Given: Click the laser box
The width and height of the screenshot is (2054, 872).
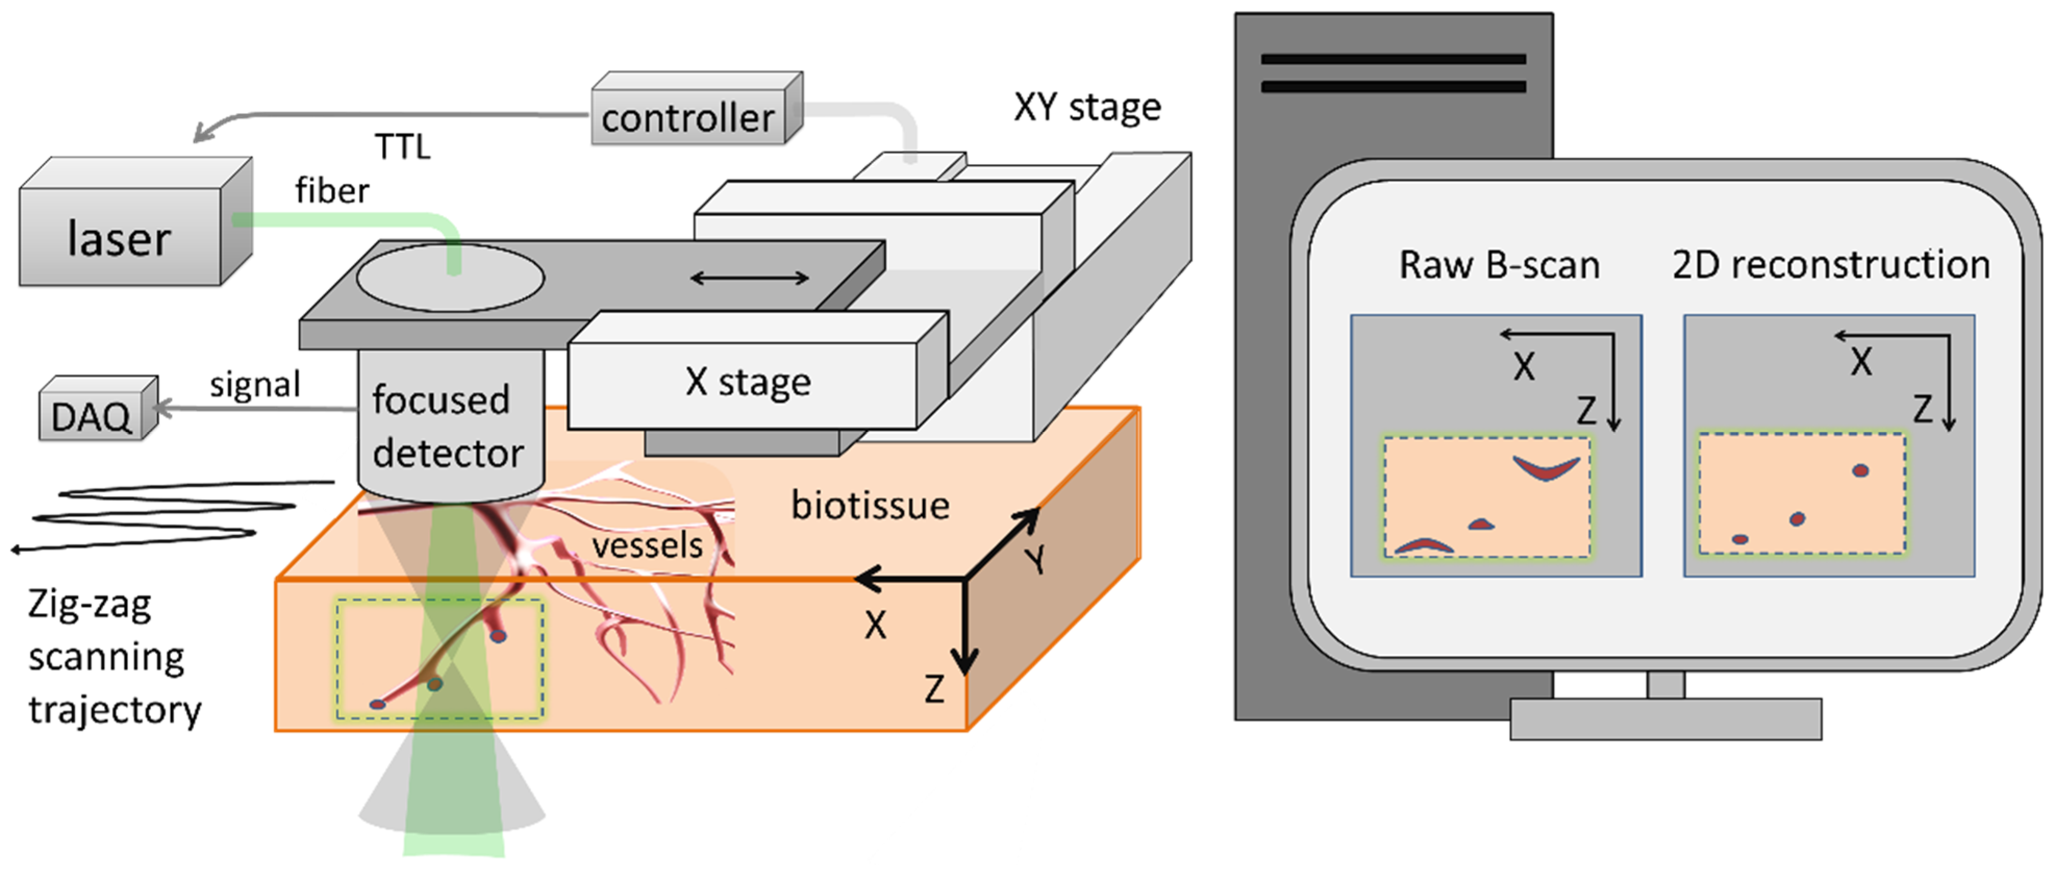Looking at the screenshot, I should coord(120,237).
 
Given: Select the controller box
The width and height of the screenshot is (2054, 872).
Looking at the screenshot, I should coord(687,118).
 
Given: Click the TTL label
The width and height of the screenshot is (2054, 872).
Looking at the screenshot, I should coord(402,147).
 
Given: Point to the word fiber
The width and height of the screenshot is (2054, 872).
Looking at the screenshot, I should coord(332,191).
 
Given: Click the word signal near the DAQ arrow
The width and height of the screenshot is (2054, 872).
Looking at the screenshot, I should coord(255,384).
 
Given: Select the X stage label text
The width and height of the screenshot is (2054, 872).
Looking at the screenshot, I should coord(747,382).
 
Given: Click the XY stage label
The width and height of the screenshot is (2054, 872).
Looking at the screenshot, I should coord(1087,107).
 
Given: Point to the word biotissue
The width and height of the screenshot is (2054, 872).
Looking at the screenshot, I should coord(870,505).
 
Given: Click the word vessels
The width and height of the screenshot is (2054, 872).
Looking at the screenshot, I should coord(647,546).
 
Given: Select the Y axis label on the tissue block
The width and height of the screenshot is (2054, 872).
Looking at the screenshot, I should coord(1036,560).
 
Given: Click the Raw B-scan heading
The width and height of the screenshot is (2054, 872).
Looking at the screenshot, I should coord(1499,264).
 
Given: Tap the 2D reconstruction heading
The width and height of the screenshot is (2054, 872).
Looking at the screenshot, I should coord(1831,264).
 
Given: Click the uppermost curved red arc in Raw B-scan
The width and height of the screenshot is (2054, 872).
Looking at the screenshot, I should coord(1546,470).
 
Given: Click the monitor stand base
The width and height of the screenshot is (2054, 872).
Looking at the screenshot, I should coord(1666,719).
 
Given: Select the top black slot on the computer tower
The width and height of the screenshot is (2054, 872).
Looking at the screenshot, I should coord(1393,59).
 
